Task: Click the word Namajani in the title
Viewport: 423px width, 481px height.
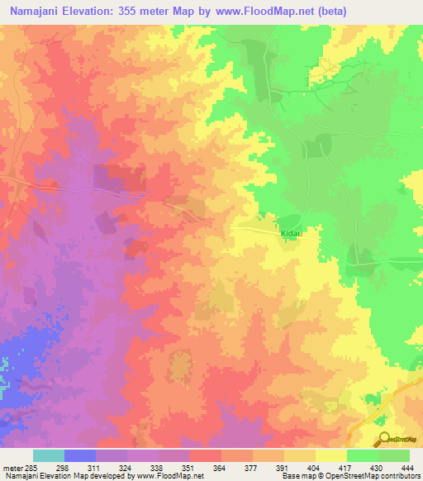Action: point(40,11)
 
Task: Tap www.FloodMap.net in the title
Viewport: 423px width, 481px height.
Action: point(268,11)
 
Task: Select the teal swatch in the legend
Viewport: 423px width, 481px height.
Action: point(49,455)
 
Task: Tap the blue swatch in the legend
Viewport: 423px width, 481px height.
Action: point(80,455)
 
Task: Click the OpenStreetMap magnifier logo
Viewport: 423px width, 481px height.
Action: point(385,439)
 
